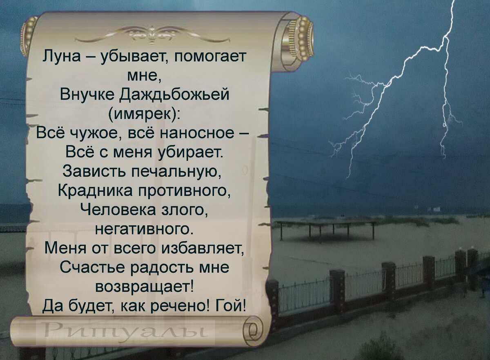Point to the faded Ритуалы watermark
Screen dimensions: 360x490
(125, 328)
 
